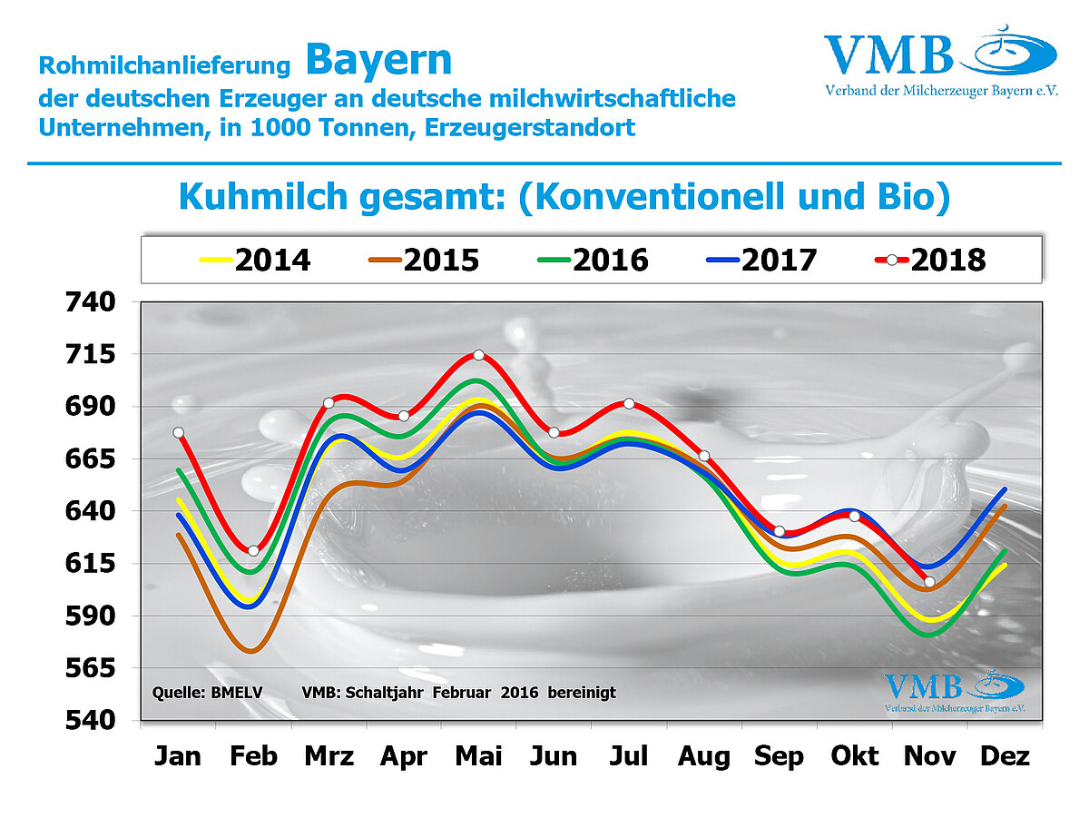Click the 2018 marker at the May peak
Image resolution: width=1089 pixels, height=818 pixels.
click(x=478, y=355)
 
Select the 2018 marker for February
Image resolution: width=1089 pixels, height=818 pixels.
click(x=253, y=551)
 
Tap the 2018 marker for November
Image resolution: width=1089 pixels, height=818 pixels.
click(x=929, y=581)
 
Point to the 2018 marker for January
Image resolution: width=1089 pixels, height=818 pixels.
click(x=179, y=432)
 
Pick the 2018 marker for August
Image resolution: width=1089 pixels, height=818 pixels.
click(x=704, y=456)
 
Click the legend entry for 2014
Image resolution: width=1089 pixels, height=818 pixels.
click(x=255, y=260)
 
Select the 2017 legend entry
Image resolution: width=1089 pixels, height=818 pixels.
click(x=761, y=260)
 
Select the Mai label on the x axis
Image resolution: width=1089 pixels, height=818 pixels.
click(x=478, y=755)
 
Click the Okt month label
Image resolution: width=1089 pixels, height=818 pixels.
click(x=854, y=755)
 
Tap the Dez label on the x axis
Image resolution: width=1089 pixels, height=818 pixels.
click(x=1005, y=755)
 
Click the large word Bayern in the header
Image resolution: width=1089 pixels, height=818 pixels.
click(x=378, y=60)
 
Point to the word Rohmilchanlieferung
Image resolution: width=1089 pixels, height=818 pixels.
click(x=164, y=66)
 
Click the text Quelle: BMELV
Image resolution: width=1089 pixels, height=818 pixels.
click(x=208, y=693)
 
